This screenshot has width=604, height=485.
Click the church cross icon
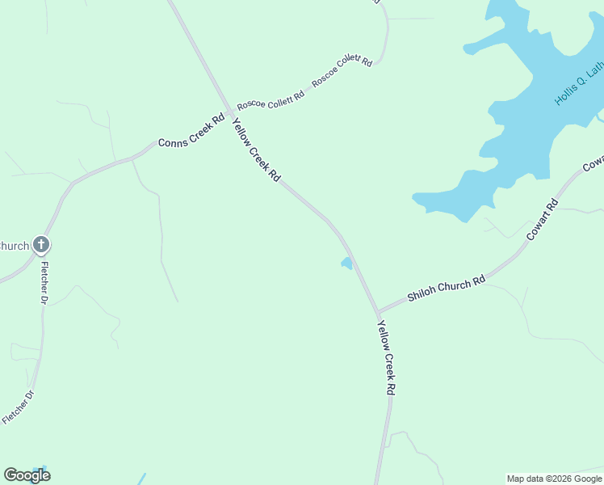[41, 245]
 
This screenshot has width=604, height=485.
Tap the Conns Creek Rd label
[191, 132]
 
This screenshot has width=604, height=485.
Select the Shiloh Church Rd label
[446, 287]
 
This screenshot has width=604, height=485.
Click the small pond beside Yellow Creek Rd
[346, 264]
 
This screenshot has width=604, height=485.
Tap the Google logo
[27, 475]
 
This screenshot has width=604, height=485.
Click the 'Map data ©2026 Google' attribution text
[554, 479]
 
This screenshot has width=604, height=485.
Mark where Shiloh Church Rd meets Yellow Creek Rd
[377, 312]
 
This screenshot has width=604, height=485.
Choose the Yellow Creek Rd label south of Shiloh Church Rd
[387, 356]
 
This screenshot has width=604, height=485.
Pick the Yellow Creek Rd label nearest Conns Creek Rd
[256, 150]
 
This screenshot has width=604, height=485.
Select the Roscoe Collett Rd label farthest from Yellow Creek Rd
[342, 71]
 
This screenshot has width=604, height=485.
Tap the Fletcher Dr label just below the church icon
[45, 283]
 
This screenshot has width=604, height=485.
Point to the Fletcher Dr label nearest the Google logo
[19, 407]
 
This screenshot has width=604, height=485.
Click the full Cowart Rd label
[542, 218]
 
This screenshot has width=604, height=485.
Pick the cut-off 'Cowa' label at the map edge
[593, 163]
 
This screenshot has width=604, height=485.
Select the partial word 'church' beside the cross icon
[14, 246]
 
